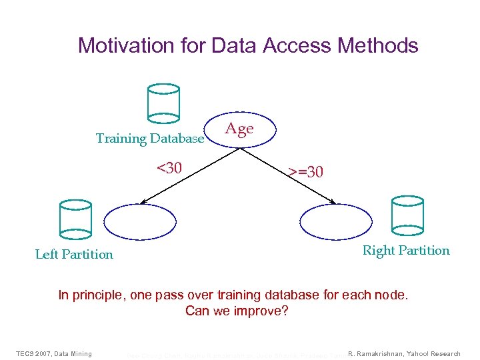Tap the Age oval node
[239, 129]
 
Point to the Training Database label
[150, 139]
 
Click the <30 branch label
[169, 167]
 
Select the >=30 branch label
[306, 172]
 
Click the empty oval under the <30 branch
[139, 221]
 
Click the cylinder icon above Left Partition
[74, 218]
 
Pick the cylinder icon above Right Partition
[407, 215]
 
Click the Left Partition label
[74, 254]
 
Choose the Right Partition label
[406, 251]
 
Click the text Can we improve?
[237, 311]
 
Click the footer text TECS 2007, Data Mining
[54, 353]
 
